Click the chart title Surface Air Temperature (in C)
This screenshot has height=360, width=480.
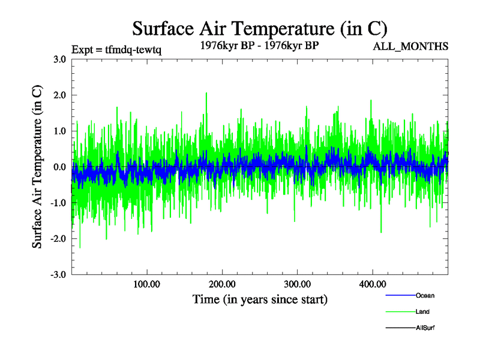click(x=260, y=28)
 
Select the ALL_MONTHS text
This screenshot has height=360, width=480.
click(x=412, y=46)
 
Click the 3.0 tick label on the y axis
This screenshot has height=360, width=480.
click(x=59, y=59)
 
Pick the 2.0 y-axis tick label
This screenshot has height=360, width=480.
click(x=59, y=95)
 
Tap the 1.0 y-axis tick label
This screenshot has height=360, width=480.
click(x=59, y=131)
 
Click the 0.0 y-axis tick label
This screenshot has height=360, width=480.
click(x=59, y=167)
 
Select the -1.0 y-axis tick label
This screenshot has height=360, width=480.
click(x=58, y=203)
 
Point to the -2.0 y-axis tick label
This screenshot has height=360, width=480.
click(x=58, y=239)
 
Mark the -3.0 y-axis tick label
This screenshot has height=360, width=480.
click(x=58, y=275)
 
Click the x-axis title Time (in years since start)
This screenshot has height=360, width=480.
click(x=260, y=299)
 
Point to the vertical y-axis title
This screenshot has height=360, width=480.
click(x=37, y=167)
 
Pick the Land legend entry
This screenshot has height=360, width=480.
click(x=422, y=311)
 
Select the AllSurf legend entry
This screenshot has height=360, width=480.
click(x=425, y=328)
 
